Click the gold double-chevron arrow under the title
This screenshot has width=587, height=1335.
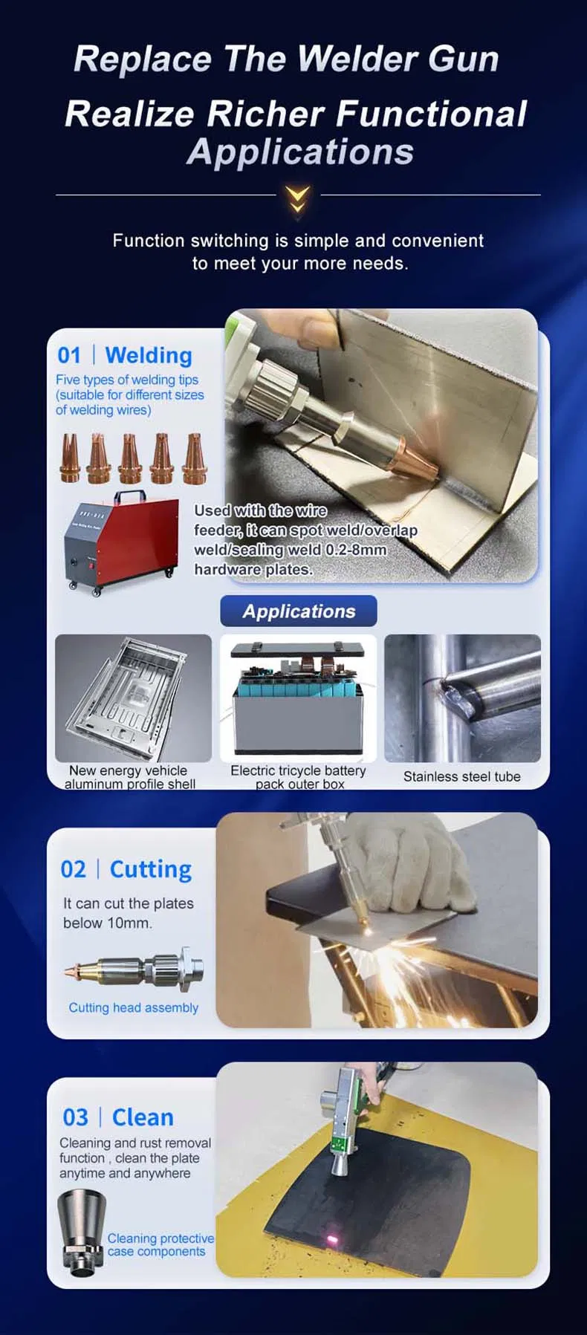pos(297,199)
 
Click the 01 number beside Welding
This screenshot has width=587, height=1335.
pos(69,355)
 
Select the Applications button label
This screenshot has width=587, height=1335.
pos(299,611)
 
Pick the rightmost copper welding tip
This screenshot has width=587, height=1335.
pos(194,458)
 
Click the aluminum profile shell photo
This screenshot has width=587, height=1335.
pos(133,698)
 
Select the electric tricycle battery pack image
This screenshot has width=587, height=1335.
pos(299,698)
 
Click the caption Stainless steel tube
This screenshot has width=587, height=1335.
pos(462,776)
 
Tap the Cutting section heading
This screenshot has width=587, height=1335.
pos(151,869)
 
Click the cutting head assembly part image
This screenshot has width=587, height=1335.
pos(134,969)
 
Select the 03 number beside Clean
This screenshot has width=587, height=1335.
pos(75,1117)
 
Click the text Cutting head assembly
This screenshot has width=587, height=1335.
pos(134,1007)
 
